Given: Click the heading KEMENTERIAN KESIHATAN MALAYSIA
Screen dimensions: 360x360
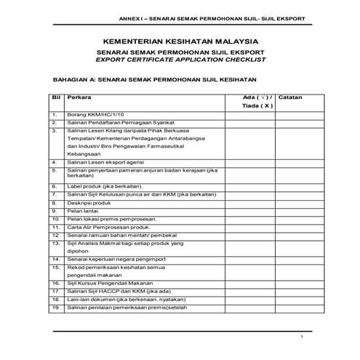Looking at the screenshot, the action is [x=180, y=43].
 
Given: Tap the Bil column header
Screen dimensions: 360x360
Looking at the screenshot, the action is [x=55, y=97].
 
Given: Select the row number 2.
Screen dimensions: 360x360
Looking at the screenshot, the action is [x=55, y=124].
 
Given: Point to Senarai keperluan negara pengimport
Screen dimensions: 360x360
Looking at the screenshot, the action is [x=115, y=258].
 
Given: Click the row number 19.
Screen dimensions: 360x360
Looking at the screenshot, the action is [x=55, y=308].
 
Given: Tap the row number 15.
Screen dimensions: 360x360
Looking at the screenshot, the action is [x=55, y=268].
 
